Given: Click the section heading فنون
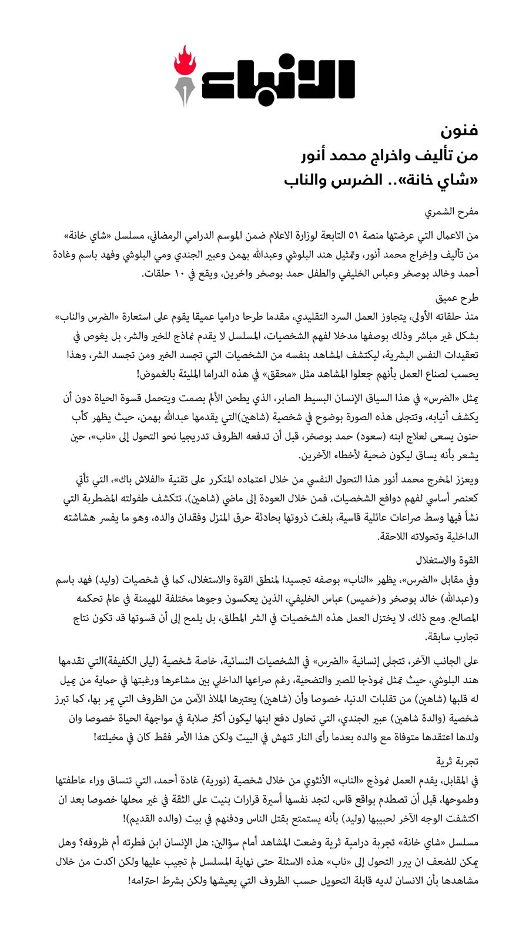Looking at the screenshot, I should tap(462, 130).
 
